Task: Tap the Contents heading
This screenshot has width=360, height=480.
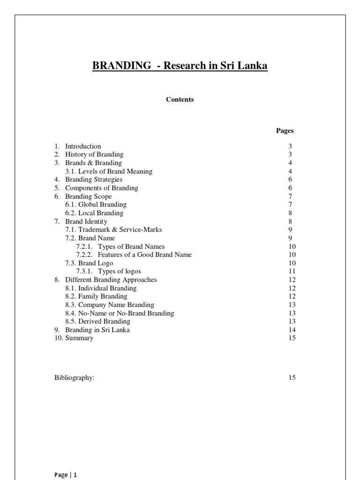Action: click(180, 99)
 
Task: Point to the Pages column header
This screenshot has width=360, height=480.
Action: click(285, 131)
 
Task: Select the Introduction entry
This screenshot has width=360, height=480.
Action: click(83, 146)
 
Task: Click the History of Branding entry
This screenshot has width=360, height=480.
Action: click(94, 155)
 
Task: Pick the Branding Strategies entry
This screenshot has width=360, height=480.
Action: click(94, 180)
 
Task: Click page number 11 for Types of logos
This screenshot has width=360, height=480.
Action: click(292, 271)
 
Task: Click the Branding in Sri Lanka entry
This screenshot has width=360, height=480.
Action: click(97, 330)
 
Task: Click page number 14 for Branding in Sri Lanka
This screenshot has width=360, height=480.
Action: click(292, 330)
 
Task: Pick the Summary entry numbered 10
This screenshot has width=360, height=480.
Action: click(79, 338)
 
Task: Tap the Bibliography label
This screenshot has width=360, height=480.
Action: click(75, 378)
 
